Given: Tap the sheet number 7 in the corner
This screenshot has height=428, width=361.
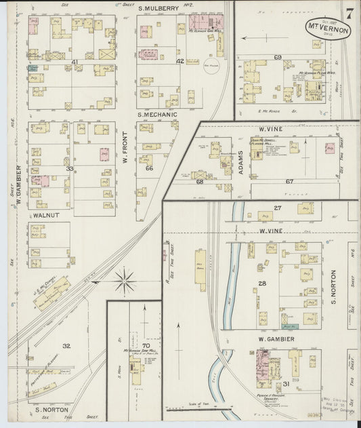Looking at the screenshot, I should pos(348,13).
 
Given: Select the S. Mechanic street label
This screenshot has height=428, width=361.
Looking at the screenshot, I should pos(157,115).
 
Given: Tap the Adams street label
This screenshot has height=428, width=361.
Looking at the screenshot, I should pos(242,163).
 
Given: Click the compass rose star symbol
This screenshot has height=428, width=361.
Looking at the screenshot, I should pos(125,277).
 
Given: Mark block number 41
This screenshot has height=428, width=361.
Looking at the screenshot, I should pos(75,62).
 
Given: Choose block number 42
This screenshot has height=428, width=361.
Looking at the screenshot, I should pos(179,61).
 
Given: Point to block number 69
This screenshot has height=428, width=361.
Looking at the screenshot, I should pos(277,58).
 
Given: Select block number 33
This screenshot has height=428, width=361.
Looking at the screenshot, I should pos(68,169).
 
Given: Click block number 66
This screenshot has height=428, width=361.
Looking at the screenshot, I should pos(149,168).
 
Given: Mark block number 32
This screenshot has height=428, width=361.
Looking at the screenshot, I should pos(66,345).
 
